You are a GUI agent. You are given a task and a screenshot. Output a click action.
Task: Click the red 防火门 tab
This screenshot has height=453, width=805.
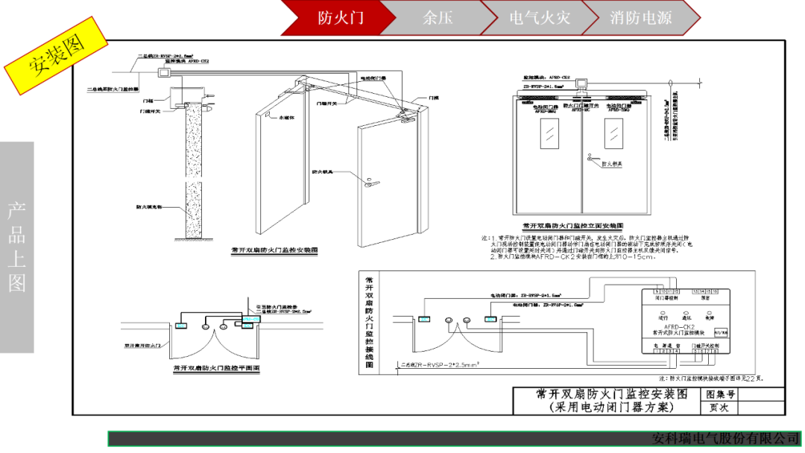coord(340,18)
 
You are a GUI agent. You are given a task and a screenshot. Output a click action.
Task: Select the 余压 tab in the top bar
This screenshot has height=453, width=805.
coord(438,18)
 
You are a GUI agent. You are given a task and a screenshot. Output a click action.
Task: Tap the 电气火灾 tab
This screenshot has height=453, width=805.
coord(539,18)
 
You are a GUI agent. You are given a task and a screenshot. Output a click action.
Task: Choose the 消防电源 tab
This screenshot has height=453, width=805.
coord(640,18)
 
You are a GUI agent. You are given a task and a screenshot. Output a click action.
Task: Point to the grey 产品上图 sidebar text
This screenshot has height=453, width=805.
coord(17,247)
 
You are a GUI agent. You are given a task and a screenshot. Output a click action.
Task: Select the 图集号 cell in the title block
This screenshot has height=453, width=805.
coord(720,394)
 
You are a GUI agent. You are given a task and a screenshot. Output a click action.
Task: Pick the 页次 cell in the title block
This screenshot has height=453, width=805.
coord(720,408)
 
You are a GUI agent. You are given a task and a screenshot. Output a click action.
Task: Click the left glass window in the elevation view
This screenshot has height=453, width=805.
coord(549,134)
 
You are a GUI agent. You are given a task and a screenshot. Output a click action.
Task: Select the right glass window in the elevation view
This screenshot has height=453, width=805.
coord(614,134)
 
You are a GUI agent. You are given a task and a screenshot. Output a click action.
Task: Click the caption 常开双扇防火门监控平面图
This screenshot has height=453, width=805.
coord(215,367)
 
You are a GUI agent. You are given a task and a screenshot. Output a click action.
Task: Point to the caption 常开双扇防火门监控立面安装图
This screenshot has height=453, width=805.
coord(572,224)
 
